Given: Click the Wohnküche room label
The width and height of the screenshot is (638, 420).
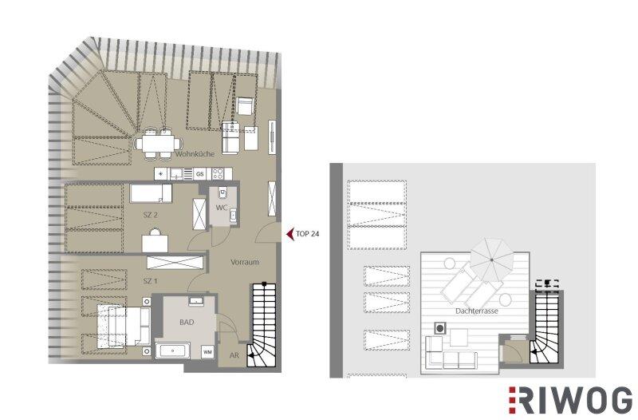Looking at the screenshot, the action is tap(195, 154).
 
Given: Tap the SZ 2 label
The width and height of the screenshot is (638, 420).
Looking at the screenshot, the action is tap(151, 215).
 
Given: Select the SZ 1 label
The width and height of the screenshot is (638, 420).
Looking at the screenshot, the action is tap(150, 281).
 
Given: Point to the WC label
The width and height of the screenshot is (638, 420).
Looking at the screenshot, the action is tap(222, 208).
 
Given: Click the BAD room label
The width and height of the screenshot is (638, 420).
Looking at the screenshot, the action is tap(187, 323).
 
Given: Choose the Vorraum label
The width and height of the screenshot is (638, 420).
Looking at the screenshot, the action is tap(245, 262).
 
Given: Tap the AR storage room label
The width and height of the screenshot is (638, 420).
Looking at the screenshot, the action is tap(234, 355).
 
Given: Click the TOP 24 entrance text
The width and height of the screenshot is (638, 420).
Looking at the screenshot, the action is tap(307, 234).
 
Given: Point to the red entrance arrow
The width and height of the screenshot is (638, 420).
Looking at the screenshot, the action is tap(290, 234).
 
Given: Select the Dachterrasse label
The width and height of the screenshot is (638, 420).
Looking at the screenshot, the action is tap(476, 311).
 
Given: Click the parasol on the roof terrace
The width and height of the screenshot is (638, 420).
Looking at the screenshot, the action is tap(491, 260).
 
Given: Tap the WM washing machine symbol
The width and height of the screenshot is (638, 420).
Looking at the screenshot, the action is tap(207, 352).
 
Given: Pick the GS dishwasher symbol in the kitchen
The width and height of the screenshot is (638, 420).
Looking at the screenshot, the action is tap(199, 174).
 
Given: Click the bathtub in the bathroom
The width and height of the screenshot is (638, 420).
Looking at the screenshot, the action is tap(173, 351).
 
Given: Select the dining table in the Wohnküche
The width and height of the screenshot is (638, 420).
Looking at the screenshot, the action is tap(158, 144).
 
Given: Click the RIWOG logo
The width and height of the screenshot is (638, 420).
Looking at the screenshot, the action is tap(570, 399).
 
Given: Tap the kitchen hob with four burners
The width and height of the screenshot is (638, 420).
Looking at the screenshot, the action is tap(218, 174).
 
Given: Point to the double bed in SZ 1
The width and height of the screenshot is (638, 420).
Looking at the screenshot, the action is tap(124, 327).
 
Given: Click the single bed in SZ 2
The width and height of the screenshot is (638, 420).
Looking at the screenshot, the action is tap(151, 193).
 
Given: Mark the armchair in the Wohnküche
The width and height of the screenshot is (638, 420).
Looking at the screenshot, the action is tap(246, 106).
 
